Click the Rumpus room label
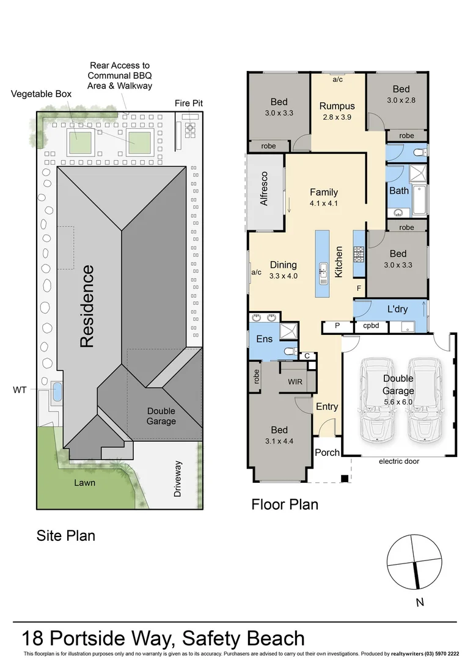pos(337,106)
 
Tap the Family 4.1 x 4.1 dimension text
pos(323,204)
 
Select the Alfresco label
pos(265,189)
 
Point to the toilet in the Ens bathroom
pos(290,351)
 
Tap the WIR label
pos(296,381)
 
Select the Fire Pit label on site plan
pos(189,103)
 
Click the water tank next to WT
pos(57,391)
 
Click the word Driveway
pos(178,478)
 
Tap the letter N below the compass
pos(419,603)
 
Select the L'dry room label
pos(397,309)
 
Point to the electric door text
pos(398,461)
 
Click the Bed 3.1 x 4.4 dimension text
pos(279,440)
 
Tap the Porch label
pos(326,452)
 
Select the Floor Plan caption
pos(285,505)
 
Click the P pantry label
pos(337,326)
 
